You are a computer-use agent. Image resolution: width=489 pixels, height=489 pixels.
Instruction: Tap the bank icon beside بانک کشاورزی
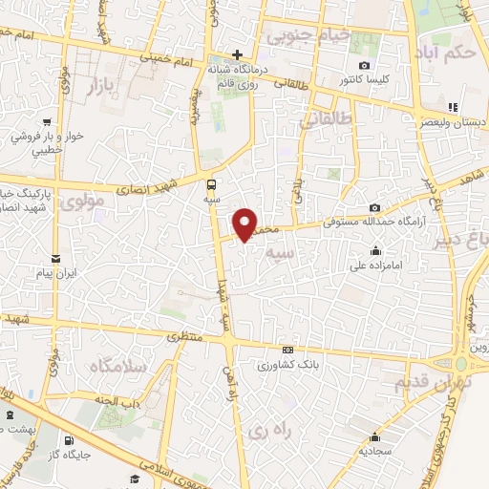click(x=287, y=350)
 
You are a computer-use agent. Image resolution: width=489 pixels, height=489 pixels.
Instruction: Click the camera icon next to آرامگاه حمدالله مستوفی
click(x=375, y=207)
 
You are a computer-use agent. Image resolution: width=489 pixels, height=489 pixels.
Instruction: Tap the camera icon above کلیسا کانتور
click(x=364, y=65)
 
